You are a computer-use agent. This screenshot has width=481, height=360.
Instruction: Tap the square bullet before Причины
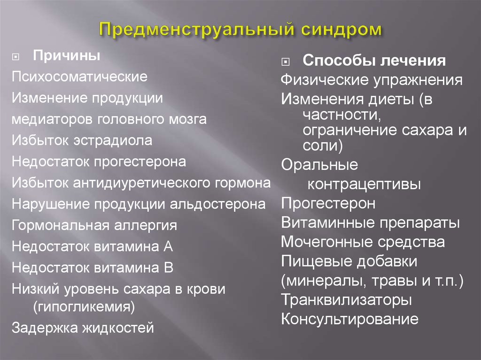[x=16, y=57]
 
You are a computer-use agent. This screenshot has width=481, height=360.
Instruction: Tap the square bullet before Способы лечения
[x=285, y=62]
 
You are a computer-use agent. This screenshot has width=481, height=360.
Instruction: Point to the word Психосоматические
[x=80, y=77]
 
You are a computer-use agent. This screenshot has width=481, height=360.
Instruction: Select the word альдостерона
[x=218, y=204]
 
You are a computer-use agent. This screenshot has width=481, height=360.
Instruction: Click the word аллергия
[x=146, y=226]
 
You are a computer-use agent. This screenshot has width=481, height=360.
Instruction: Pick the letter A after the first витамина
[x=168, y=246]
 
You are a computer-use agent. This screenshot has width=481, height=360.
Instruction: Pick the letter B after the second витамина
[x=169, y=268]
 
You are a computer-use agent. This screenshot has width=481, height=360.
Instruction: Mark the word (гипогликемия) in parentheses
[x=84, y=306]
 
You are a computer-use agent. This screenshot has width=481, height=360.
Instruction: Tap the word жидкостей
[x=118, y=328]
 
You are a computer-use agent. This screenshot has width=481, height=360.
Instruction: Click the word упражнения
[x=418, y=80]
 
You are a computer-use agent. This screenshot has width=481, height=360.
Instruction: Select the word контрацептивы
[x=364, y=184]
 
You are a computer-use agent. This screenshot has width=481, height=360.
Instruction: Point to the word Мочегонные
[x=327, y=242]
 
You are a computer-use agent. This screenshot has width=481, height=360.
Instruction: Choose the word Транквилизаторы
[x=347, y=299]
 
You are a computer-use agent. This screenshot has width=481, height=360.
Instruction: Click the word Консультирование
[x=350, y=319]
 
